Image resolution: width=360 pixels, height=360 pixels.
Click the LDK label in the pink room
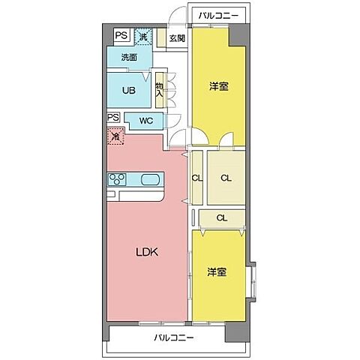tap(145, 253)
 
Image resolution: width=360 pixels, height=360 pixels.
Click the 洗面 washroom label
tap(129, 57)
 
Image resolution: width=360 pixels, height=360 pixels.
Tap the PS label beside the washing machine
tap(121, 34)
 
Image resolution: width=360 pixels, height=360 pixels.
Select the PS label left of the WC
tap(113, 118)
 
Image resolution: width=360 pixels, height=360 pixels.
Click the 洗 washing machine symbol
tap(144, 35)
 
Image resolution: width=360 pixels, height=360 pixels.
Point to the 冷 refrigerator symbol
tap(115, 136)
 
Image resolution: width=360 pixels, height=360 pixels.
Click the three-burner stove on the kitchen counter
tap(119, 179)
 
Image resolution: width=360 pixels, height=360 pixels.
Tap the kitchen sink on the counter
tap(149, 179)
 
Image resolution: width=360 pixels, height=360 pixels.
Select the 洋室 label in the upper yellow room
tap(217, 87)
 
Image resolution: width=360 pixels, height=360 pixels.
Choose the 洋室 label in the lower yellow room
tap(217, 273)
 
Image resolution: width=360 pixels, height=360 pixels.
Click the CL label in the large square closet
tap(225, 178)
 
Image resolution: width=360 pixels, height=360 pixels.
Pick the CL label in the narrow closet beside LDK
tap(196, 178)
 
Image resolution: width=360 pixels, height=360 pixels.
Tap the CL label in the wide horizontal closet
tap(222, 218)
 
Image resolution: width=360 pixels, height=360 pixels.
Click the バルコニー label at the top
tap(217, 14)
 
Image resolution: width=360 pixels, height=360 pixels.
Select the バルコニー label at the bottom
tap(174, 338)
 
